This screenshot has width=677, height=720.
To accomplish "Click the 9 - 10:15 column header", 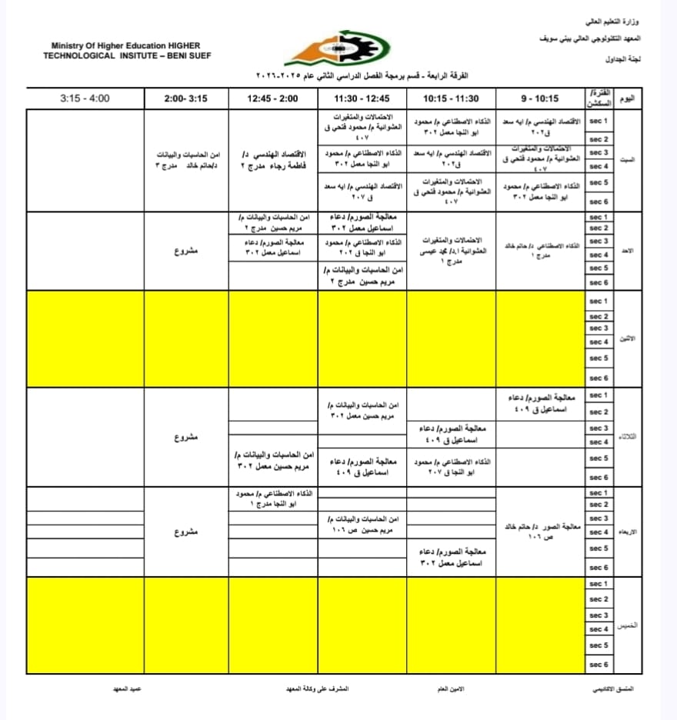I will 540,98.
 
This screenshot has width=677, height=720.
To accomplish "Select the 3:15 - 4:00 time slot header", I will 85,98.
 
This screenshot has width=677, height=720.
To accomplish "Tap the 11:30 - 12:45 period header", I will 362,98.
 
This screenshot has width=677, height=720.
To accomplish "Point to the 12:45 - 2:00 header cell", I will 272,98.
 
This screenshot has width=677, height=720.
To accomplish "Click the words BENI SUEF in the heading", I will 185,55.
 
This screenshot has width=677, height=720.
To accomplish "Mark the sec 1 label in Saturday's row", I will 599,122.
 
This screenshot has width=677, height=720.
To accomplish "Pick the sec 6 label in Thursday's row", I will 599,664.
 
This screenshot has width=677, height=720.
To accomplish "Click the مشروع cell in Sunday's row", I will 186,250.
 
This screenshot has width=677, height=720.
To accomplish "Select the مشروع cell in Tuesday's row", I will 186,437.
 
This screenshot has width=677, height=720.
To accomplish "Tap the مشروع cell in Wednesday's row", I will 186,532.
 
